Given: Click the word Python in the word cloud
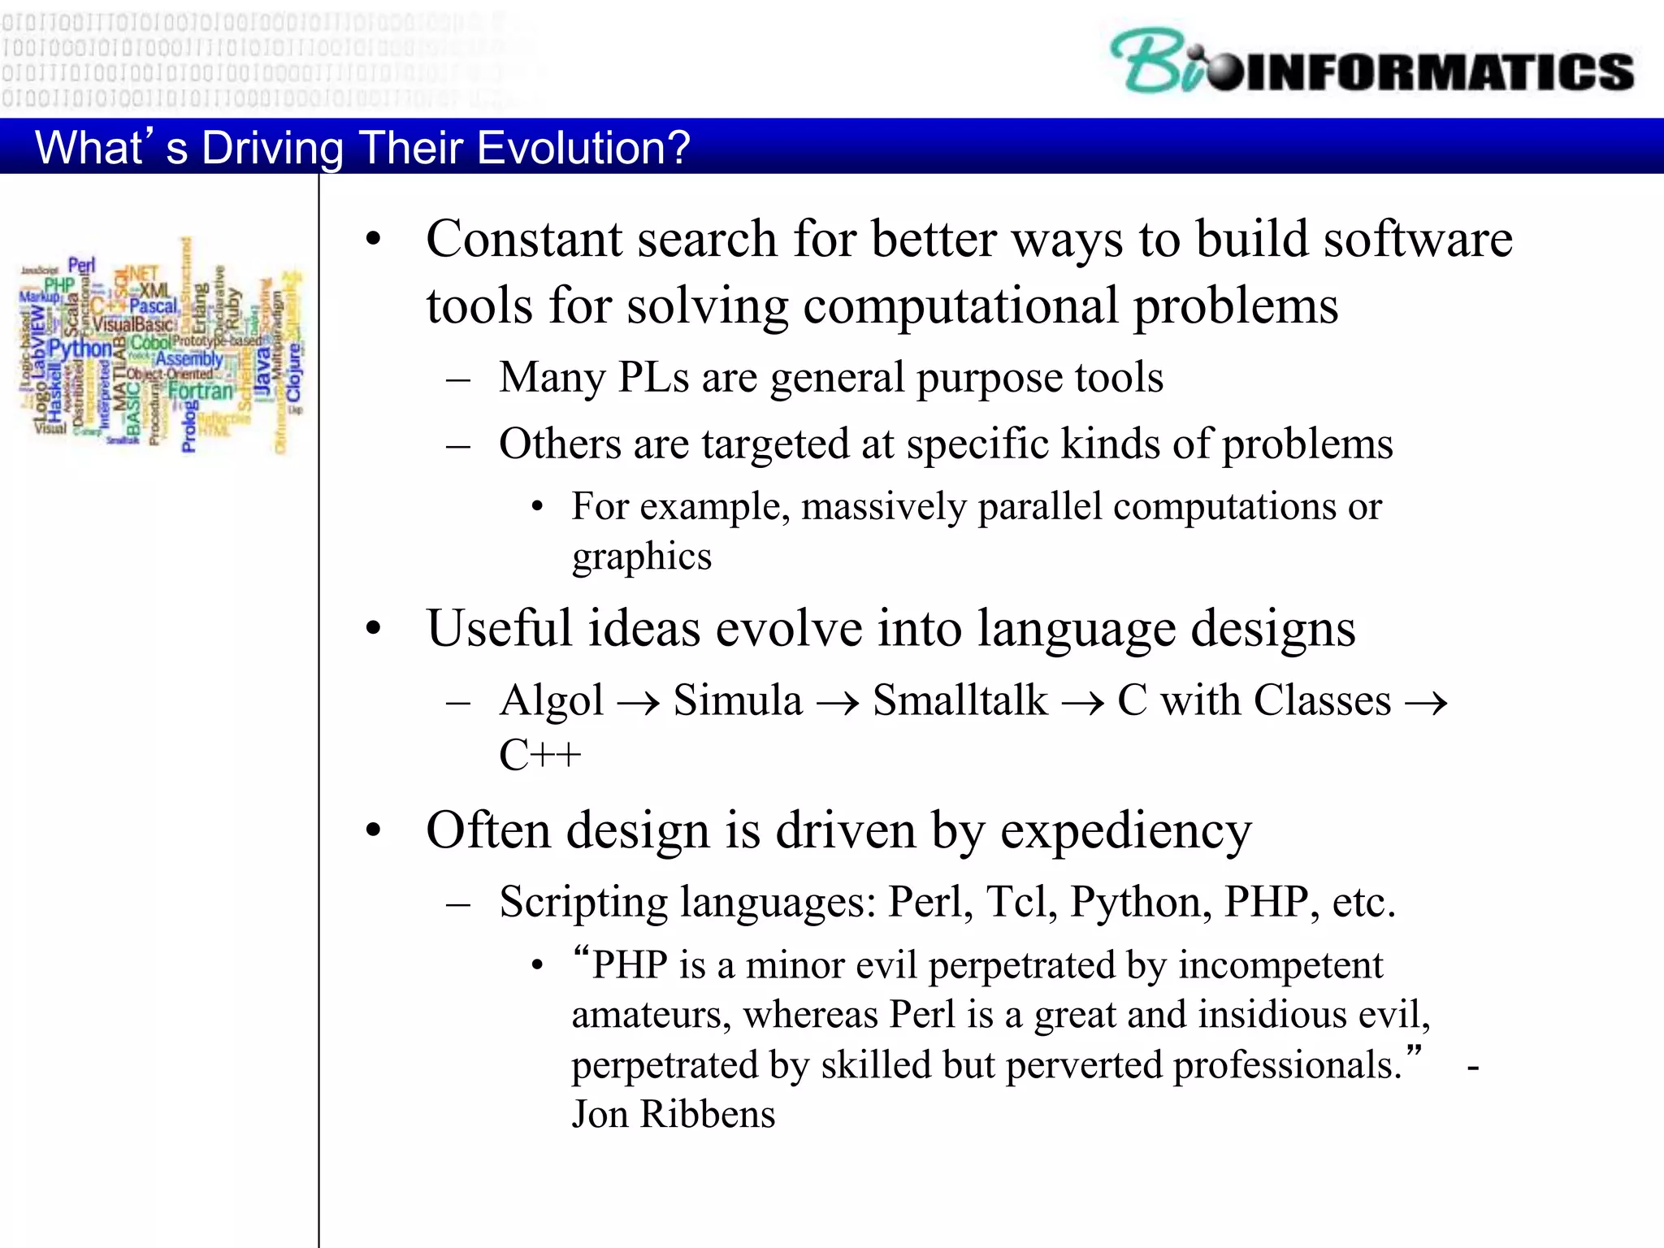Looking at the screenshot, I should coord(80,349).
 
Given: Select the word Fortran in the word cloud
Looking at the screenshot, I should coord(200,391).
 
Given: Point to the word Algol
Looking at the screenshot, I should coord(552,700).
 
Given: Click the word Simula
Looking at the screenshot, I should coord(738,700).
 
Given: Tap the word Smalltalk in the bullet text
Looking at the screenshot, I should coord(960,700).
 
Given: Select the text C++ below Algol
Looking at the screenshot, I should coord(539,756).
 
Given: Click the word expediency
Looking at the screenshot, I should coord(1125,832).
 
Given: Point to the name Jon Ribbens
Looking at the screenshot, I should coord(674,1114).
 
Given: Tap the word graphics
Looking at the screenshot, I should coord(642,557).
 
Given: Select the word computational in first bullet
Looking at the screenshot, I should coord(960,306).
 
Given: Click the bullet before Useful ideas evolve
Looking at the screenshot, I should coord(373,628).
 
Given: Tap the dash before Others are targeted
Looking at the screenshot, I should coord(458,445).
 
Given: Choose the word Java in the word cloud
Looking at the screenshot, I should coord(262,372).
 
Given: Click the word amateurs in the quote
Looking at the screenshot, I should coord(652,1016).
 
